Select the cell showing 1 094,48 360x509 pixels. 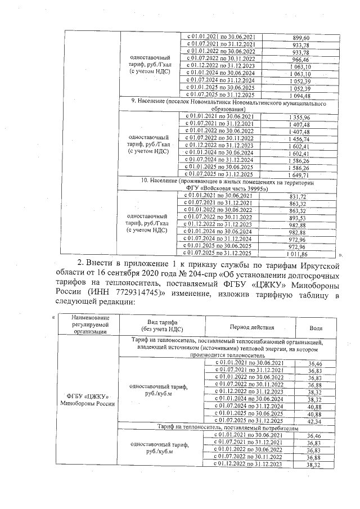point(304,96)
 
